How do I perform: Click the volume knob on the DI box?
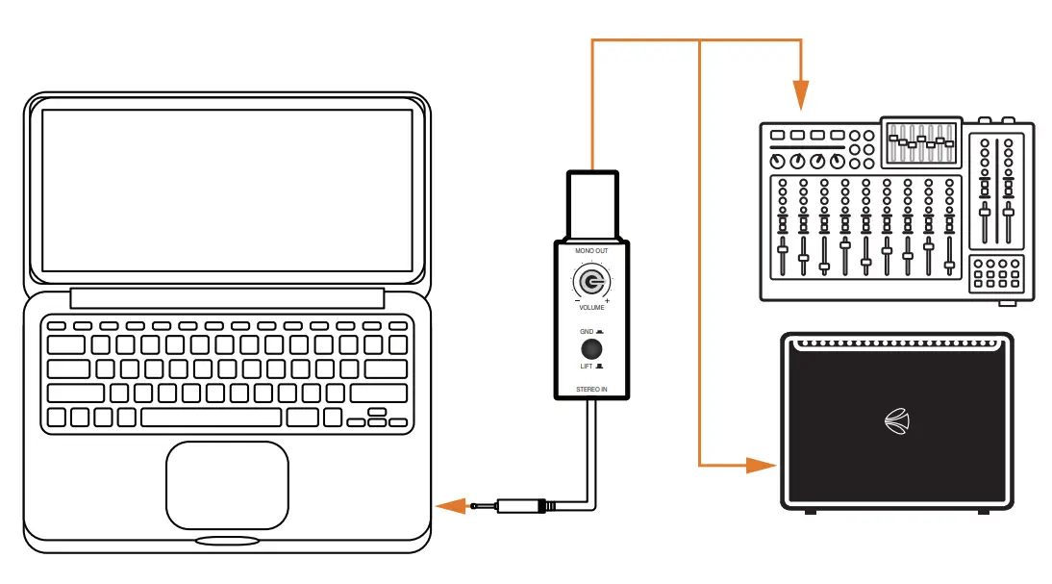click(590, 283)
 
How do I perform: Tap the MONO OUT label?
click(590, 251)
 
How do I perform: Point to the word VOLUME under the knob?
click(591, 308)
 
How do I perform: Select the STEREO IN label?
click(591, 389)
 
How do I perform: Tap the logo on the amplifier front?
click(896, 420)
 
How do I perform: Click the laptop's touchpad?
click(227, 485)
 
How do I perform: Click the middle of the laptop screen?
click(227, 190)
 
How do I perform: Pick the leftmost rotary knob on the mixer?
click(778, 161)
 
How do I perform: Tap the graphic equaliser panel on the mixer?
click(920, 144)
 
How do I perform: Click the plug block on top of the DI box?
click(591, 204)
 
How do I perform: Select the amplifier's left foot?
click(811, 511)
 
